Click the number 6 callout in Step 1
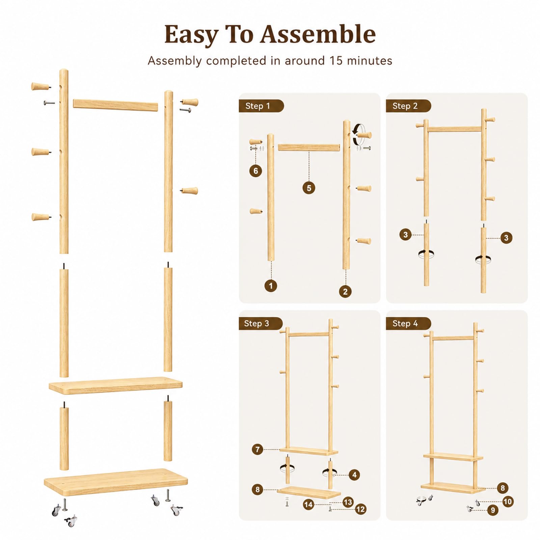click(255, 171)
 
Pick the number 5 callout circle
click(309, 188)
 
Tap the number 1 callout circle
click(271, 286)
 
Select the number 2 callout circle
click(345, 292)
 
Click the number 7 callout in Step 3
click(258, 450)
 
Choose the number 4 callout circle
click(354, 475)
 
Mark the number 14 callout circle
click(308, 505)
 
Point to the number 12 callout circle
click(360, 509)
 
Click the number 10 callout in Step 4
click(508, 502)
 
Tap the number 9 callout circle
click(493, 510)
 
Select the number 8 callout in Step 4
click(503, 488)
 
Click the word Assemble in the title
click(318, 34)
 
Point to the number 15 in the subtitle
click(336, 61)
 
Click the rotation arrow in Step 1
click(358, 134)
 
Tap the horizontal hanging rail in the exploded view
click(115, 105)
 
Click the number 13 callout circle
click(348, 502)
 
